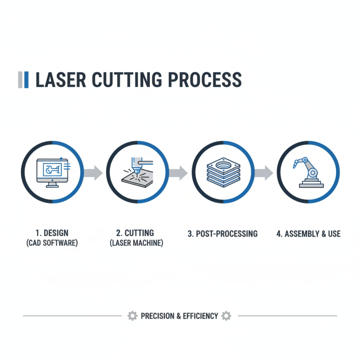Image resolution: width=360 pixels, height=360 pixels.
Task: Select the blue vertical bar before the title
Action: point(27,80)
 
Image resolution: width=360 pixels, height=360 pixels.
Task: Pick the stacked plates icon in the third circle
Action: point(223,172)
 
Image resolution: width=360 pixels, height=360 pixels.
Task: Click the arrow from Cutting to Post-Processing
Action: point(179,172)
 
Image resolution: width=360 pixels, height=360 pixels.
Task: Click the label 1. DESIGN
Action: point(52,233)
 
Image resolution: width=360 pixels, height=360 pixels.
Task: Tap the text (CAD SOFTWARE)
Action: point(52,243)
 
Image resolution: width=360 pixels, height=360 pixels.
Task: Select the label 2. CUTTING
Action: point(135,233)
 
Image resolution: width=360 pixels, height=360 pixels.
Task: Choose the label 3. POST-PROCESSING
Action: point(222,234)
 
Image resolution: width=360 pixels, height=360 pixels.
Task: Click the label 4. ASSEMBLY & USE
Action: point(308,234)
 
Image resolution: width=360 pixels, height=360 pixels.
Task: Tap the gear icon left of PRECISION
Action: point(132,316)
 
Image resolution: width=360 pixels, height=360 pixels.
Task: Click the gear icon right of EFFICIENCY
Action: point(226,316)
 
